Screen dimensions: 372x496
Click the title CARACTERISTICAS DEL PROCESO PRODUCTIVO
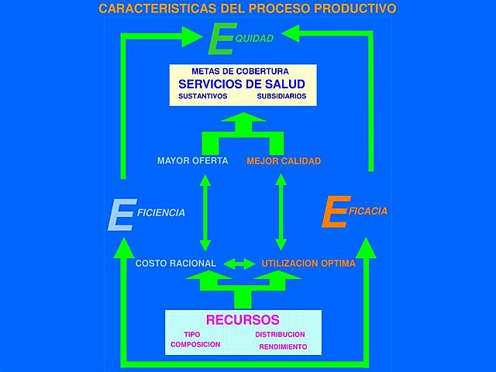pos(247,9)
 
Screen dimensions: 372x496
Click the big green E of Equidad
pos(222,40)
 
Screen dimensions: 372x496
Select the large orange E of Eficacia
pos(333,213)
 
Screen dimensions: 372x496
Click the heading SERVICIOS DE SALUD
pos(241,84)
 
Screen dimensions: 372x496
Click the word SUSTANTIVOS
pos(202,97)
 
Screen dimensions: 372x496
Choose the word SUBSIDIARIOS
pos(281,97)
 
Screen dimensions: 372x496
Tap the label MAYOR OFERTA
pos(192,161)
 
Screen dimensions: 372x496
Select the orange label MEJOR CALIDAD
pos(284,161)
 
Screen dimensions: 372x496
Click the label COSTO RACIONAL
pos(176,263)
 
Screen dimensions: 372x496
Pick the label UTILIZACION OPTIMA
pos(308,263)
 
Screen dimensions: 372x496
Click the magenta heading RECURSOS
pos(243,319)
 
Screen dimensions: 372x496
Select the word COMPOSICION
pos(195,344)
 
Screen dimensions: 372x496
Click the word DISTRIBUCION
pos(280,335)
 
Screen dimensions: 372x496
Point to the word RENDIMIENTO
pos(283,346)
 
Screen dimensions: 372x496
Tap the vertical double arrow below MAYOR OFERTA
pos(205,212)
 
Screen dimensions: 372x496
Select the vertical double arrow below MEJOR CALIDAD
pos(281,212)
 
